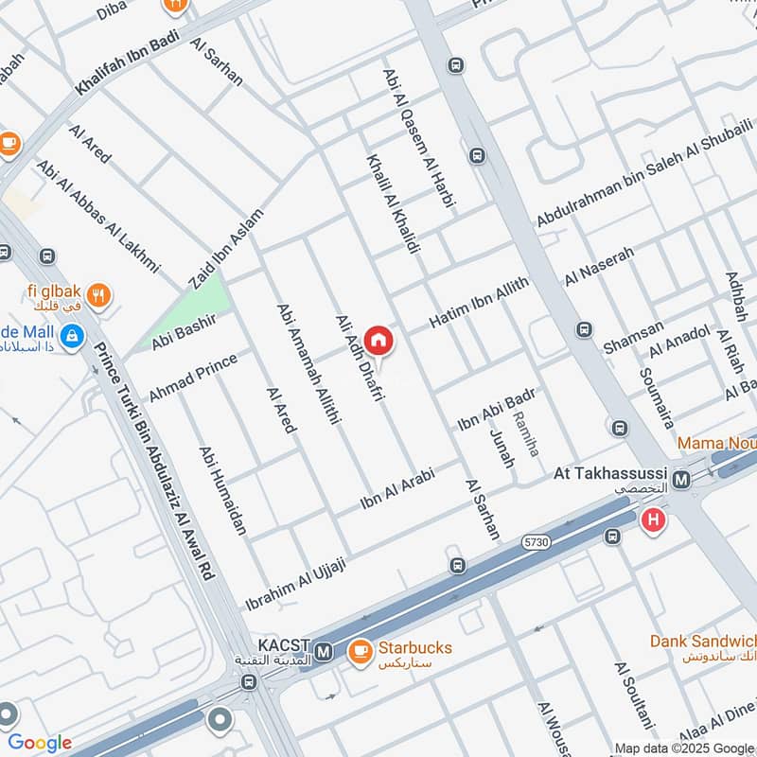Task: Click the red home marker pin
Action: [x=378, y=340]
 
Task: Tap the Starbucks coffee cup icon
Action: [x=359, y=651]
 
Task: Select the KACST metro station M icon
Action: [x=325, y=651]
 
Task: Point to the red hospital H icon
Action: [x=652, y=519]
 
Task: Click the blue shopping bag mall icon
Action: [x=71, y=335]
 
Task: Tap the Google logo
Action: [x=40, y=743]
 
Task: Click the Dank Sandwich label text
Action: [x=701, y=641]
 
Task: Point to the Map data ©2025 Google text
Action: [x=683, y=748]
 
